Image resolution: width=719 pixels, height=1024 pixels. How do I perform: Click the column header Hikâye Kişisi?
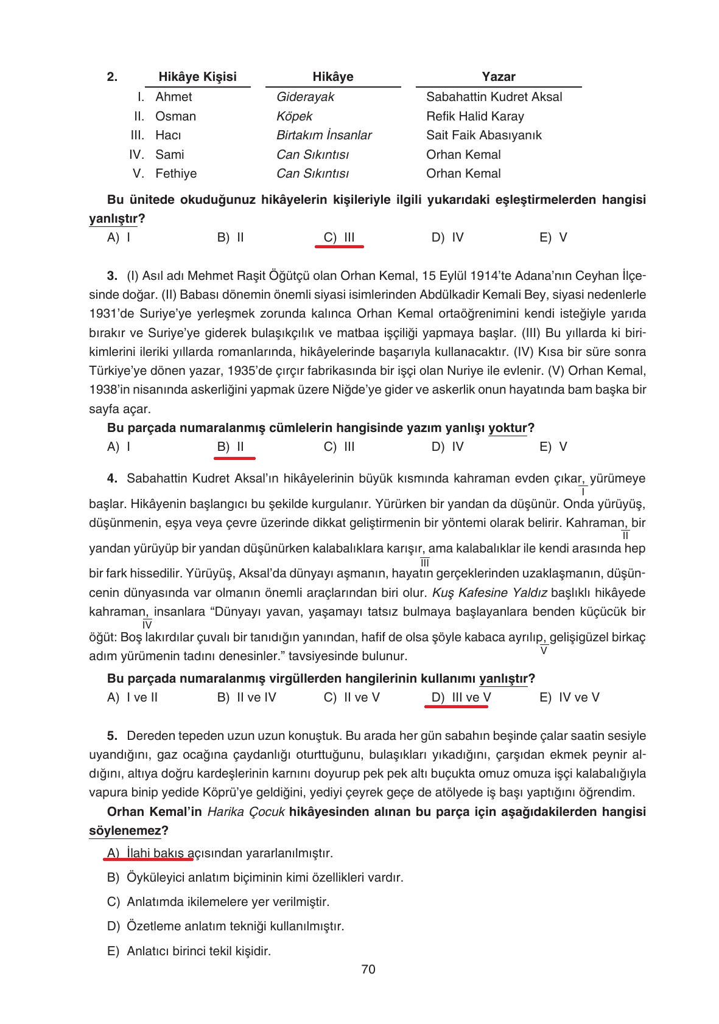[x=197, y=77]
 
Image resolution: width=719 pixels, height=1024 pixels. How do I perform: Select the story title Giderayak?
[x=305, y=97]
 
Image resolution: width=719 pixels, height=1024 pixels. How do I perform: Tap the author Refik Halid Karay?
[x=475, y=116]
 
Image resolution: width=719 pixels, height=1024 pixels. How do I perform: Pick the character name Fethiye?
[x=176, y=173]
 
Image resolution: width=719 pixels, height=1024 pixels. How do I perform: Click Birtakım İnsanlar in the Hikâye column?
[x=324, y=135]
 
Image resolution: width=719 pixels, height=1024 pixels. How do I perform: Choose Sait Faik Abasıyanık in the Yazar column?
[x=483, y=135]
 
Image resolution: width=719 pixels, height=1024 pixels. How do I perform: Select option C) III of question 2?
[x=339, y=237]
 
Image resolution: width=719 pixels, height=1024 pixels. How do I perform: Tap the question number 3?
[x=112, y=276]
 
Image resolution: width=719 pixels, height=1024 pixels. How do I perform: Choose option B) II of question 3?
[x=231, y=447]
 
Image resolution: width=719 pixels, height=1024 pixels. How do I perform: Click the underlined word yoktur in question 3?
[x=508, y=428]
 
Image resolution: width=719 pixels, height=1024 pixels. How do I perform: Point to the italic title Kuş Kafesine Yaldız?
[x=489, y=593]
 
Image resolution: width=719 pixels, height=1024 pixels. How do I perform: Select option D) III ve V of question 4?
[x=461, y=697]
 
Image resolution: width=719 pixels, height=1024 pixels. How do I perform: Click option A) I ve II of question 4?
[x=132, y=697]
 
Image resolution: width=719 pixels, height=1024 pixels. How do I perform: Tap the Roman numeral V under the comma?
[x=544, y=650]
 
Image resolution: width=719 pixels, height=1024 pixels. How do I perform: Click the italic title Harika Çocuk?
[x=246, y=812]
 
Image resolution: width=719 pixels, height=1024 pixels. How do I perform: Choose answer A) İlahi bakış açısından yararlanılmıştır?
[x=220, y=853]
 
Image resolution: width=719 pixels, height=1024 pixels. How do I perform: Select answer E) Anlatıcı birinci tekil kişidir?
[x=189, y=950]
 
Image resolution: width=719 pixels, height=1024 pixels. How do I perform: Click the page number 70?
[x=368, y=969]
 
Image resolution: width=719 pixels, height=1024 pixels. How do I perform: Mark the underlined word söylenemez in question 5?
[x=125, y=831]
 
